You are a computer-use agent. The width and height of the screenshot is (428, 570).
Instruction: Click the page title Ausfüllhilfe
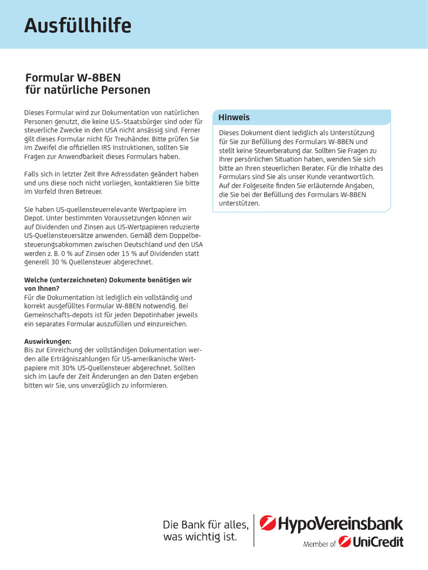[x=77, y=25]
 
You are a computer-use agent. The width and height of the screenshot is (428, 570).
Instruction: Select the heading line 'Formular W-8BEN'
[x=73, y=77]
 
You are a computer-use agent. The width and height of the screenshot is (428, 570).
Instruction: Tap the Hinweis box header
[x=234, y=117]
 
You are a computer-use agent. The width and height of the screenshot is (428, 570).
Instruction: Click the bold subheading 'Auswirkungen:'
[x=47, y=341]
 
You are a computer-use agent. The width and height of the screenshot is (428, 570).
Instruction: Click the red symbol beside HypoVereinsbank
[x=267, y=524]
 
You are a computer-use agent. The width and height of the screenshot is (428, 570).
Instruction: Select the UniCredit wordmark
[x=378, y=542]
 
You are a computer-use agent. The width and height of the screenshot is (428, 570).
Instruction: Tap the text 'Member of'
[x=319, y=544]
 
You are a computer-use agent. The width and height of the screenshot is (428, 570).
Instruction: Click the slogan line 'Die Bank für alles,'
[x=206, y=524]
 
